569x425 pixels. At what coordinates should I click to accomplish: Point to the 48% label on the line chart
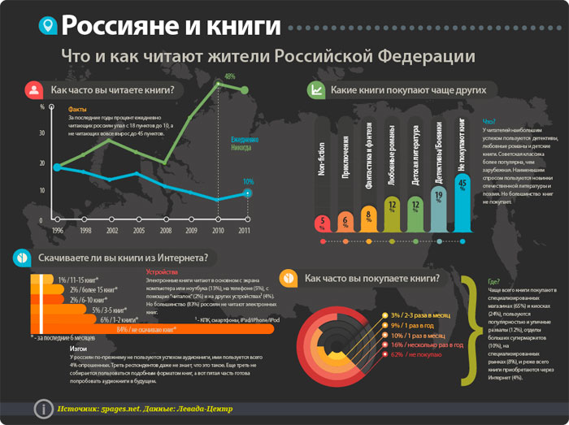click(230, 76)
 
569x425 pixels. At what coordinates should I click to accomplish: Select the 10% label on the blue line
click(248, 182)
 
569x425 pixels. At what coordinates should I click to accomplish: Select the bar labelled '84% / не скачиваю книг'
click(114, 329)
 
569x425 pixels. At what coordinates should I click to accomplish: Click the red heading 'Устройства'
click(162, 271)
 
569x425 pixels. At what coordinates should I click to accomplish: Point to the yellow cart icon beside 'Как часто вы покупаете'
click(289, 279)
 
